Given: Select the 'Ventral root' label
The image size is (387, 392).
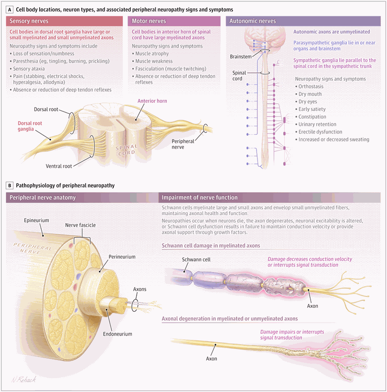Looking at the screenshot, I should click(x=59, y=166).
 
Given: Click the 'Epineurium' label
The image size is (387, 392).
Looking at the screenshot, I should click(x=37, y=221).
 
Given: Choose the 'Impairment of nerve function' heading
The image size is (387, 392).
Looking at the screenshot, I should click(x=199, y=197).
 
